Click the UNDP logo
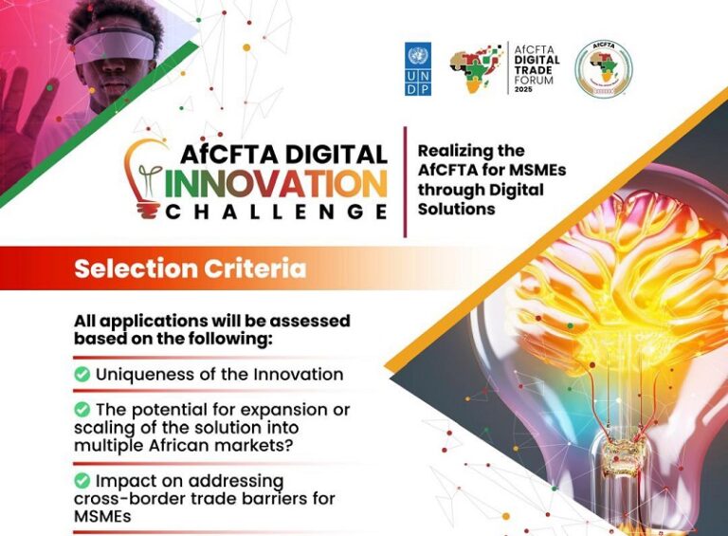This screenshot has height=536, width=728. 418,68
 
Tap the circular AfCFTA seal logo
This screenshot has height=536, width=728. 603,68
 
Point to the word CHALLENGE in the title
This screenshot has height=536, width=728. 276,212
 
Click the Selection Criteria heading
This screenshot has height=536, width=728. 191,268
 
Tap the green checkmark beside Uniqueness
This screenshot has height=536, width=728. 82,375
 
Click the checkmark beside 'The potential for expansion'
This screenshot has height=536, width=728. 82,410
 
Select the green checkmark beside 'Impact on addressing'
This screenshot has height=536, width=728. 82,480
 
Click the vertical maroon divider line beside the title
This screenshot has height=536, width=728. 405,181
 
